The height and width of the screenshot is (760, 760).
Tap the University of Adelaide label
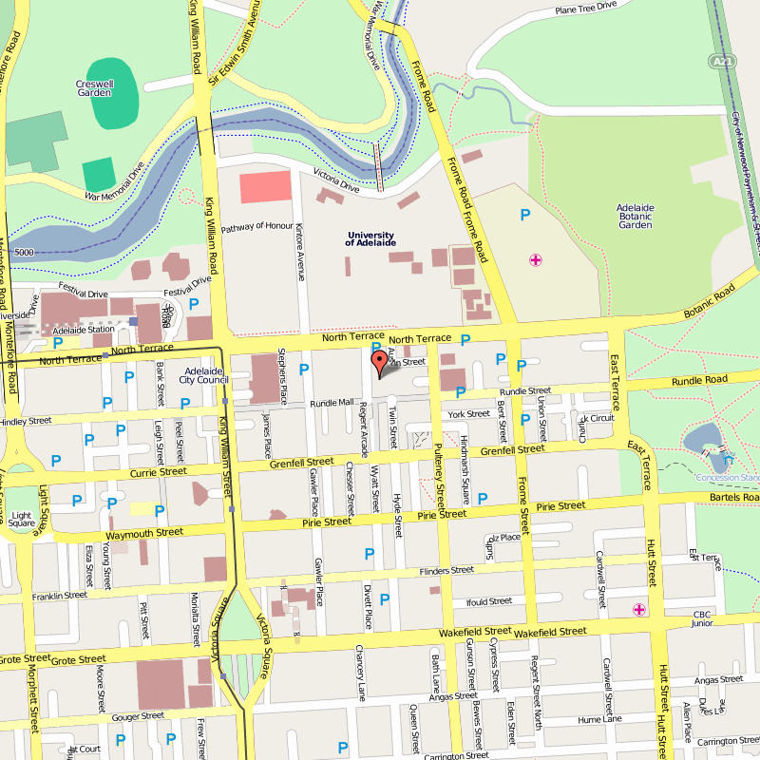370,239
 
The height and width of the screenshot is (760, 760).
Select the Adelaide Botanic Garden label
635,216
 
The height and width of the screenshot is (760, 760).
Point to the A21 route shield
724,61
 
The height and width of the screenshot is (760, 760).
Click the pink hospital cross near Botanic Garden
536,259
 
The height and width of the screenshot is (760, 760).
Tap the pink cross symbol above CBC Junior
638,609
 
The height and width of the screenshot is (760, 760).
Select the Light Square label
21,518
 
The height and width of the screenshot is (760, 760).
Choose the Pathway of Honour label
257,229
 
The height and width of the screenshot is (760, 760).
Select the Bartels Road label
733,498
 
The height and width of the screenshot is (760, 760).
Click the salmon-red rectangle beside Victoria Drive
265,187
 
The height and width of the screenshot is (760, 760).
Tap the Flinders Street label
446,571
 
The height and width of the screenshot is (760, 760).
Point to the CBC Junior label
702,618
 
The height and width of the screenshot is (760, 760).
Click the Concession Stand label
727,477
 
